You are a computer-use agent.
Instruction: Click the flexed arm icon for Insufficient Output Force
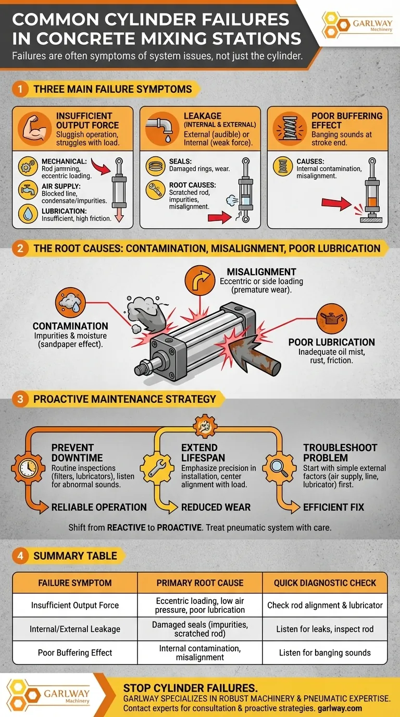34,129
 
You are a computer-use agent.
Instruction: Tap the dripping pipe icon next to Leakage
162,129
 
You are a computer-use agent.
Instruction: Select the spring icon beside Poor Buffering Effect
290,129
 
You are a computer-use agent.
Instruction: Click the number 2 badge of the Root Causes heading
20,249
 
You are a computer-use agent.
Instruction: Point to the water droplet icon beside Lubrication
28,214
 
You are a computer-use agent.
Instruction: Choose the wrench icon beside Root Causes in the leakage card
156,190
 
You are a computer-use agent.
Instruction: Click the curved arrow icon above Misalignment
199,280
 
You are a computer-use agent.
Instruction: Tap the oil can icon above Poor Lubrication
332,318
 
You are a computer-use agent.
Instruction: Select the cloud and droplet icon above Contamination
70,302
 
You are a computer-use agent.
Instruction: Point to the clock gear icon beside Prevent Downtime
28,468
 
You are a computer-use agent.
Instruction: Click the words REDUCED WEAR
216,508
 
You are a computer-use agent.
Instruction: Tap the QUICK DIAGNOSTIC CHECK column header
325,583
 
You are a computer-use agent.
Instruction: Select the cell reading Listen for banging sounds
325,653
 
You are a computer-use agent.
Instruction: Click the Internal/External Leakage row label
75,629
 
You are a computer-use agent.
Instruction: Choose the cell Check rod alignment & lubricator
325,605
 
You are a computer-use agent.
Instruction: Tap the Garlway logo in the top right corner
357,24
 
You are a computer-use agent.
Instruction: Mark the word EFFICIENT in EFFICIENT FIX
322,508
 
